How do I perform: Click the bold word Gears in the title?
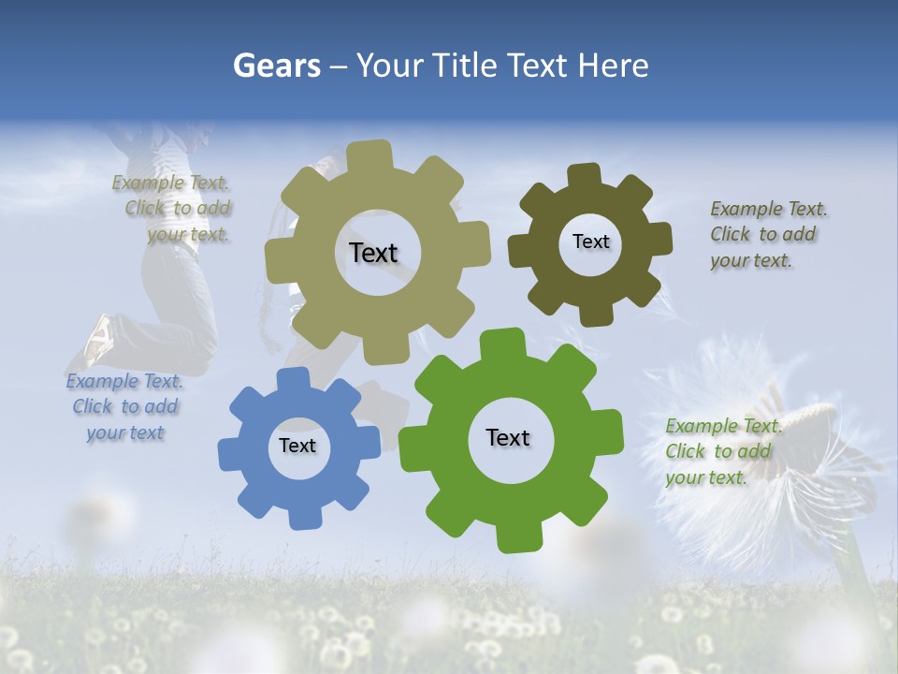point(275,66)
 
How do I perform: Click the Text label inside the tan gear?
point(373,253)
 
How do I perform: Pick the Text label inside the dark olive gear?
point(590,242)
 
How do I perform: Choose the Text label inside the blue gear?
point(297,446)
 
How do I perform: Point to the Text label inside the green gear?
point(508,437)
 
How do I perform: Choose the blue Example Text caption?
point(124,407)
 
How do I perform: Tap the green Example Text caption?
point(722,451)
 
